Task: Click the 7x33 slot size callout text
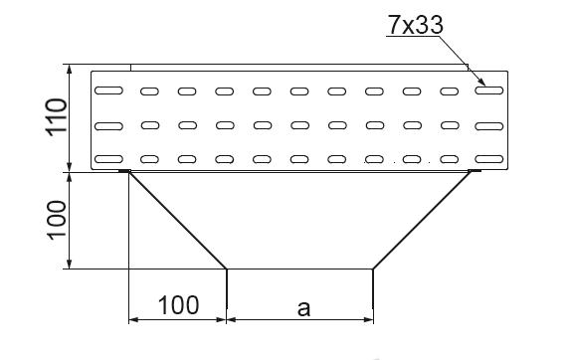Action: click(x=415, y=25)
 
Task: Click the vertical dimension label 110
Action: click(x=57, y=117)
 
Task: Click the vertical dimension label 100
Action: click(x=57, y=220)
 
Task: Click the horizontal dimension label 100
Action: click(x=179, y=305)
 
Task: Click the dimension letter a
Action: click(x=303, y=308)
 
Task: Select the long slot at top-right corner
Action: click(x=489, y=90)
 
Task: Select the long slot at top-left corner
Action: click(x=108, y=90)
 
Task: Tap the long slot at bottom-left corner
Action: click(x=108, y=159)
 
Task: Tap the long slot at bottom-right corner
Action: click(x=489, y=159)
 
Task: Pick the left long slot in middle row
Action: click(x=108, y=126)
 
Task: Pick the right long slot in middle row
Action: click(x=489, y=126)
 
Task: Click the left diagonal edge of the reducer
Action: click(x=178, y=221)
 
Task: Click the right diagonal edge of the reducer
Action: click(x=422, y=220)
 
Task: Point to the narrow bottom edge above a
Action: click(x=299, y=270)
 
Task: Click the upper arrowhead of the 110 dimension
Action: click(x=70, y=69)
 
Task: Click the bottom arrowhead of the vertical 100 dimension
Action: click(x=70, y=265)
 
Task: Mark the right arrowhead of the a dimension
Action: click(x=368, y=320)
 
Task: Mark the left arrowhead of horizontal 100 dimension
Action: click(x=133, y=320)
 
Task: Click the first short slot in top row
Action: click(x=149, y=91)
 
